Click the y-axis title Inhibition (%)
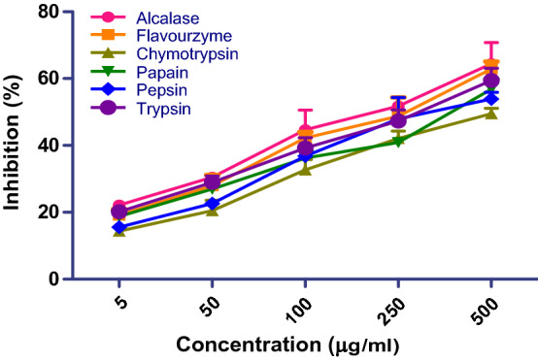point(17,146)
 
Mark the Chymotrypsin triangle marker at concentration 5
point(118,230)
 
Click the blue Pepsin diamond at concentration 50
point(212,204)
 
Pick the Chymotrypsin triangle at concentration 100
point(305,169)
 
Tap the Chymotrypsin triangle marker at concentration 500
point(490,113)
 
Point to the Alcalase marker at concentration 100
point(305,130)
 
